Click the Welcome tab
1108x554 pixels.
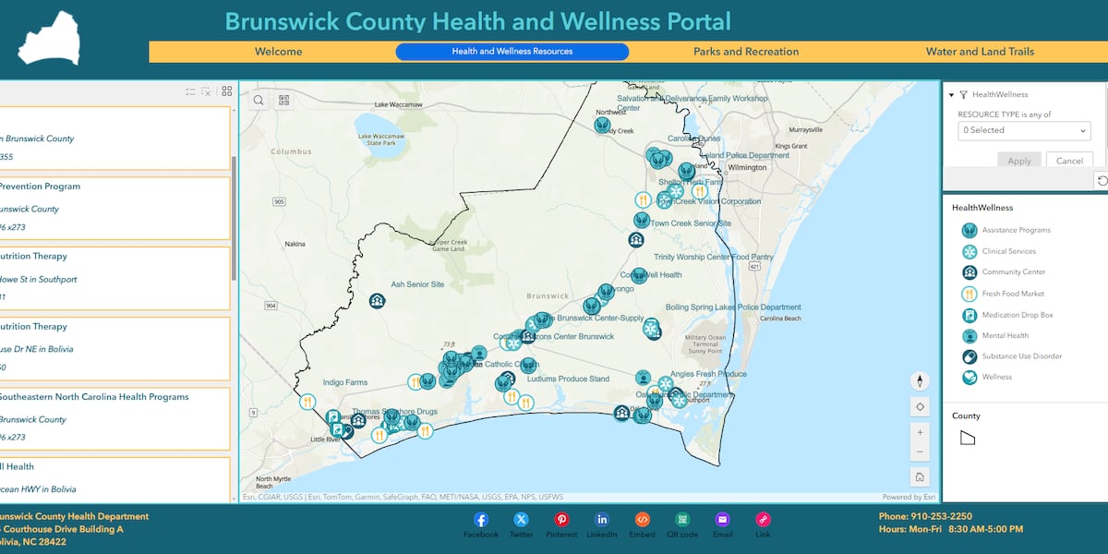pyautogui.click(x=278, y=52)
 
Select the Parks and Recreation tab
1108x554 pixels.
pyautogui.click(x=746, y=52)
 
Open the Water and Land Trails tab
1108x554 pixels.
pyautogui.click(x=980, y=52)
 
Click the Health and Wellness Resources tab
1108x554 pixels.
pyautogui.click(x=512, y=52)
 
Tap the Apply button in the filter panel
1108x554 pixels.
pyautogui.click(x=1019, y=161)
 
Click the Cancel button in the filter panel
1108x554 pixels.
pyautogui.click(x=1069, y=161)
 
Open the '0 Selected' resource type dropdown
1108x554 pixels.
pyautogui.click(x=1024, y=130)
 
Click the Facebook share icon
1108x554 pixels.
pyautogui.click(x=481, y=520)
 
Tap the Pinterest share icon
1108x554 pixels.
pyautogui.click(x=561, y=520)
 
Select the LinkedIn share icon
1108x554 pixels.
pyautogui.click(x=602, y=520)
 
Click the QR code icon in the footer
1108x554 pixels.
pyautogui.click(x=682, y=520)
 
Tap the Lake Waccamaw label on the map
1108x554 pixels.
pyautogui.click(x=398, y=105)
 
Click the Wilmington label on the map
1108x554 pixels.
pyautogui.click(x=747, y=168)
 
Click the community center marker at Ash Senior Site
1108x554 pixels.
pyautogui.click(x=377, y=301)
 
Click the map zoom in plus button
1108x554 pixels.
pyautogui.click(x=920, y=431)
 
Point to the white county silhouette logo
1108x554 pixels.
pyautogui.click(x=48, y=39)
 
